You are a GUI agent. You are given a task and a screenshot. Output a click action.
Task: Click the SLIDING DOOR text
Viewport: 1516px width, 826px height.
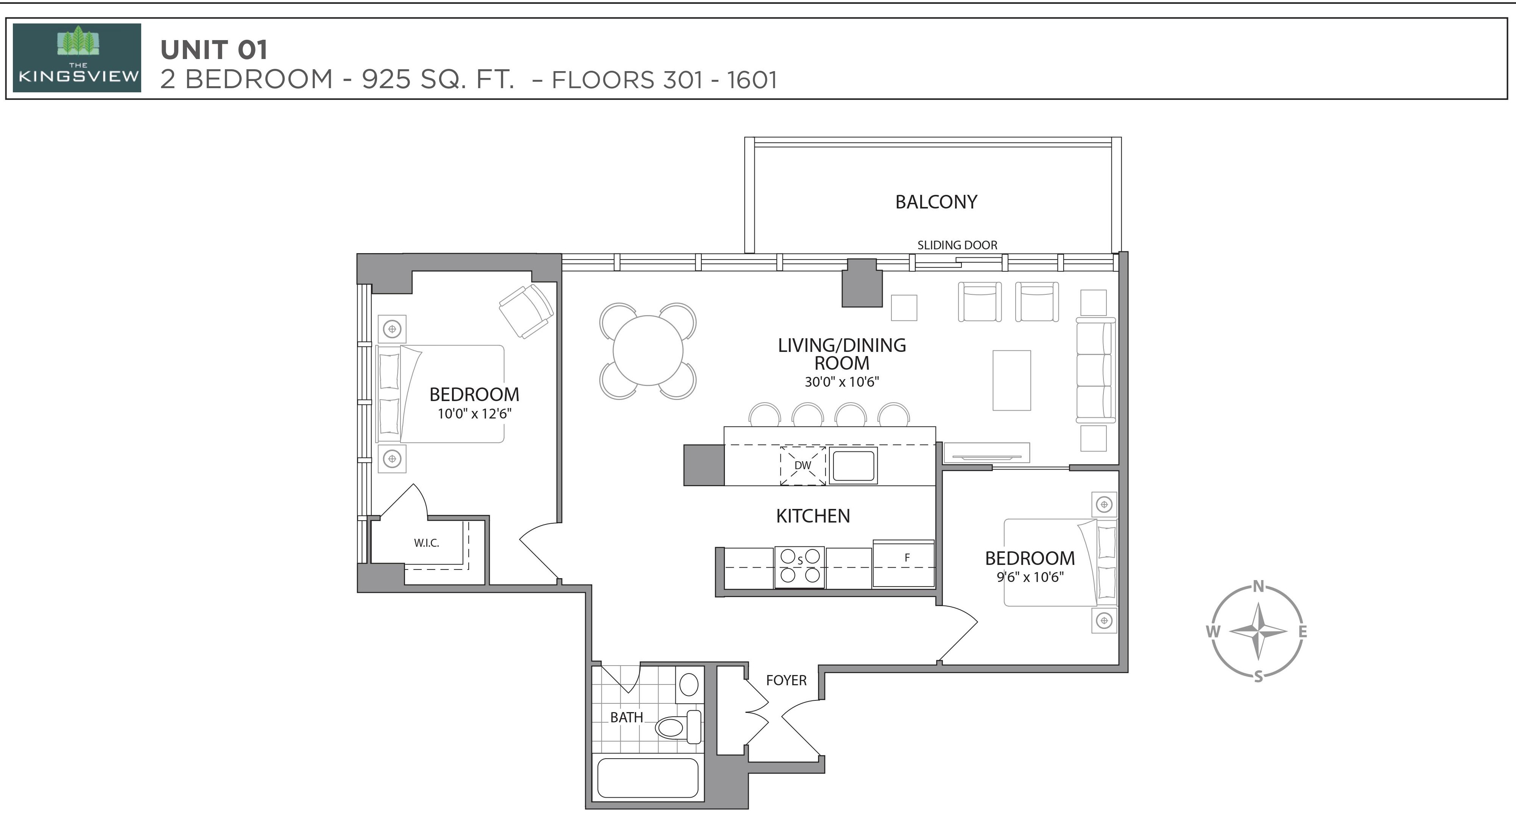point(957,245)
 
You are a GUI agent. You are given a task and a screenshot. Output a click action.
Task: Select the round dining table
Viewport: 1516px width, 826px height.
point(648,351)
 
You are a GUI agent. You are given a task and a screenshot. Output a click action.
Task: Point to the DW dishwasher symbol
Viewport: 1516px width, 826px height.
point(803,465)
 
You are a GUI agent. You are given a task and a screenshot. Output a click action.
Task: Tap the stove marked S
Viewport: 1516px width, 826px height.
point(800,567)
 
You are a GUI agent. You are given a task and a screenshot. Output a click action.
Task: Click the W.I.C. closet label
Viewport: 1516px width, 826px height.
point(426,543)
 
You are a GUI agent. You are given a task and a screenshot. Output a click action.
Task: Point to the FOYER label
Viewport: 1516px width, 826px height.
point(786,681)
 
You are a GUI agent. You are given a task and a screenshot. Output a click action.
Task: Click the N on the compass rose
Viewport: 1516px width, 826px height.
point(1258,586)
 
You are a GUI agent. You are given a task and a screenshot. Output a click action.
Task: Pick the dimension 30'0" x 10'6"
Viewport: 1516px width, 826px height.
point(841,382)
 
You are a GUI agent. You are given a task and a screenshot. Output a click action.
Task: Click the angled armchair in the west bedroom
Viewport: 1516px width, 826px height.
point(526,311)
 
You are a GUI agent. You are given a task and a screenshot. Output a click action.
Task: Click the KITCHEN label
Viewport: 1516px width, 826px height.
point(813,516)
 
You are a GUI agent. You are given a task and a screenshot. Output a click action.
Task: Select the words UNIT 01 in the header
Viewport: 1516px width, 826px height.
point(214,50)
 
